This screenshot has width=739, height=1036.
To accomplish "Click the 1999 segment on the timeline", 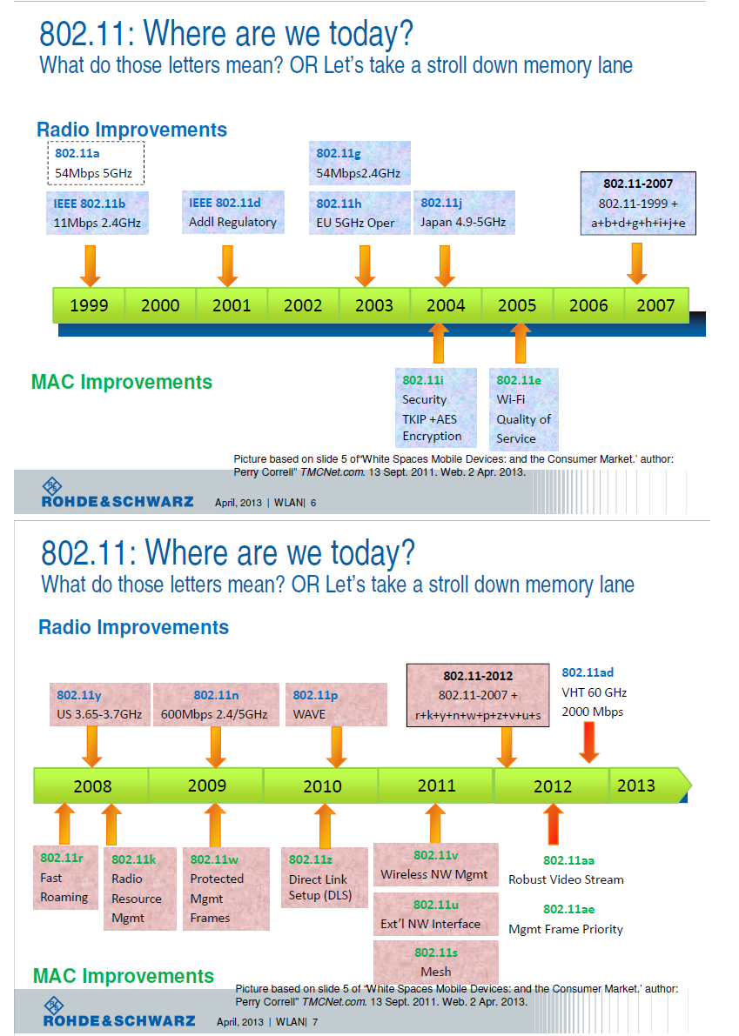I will [89, 305].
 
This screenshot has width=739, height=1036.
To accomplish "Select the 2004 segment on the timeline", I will [445, 305].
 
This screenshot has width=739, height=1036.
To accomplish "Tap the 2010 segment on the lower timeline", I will [321, 786].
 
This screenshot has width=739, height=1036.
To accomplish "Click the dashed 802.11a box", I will [94, 164].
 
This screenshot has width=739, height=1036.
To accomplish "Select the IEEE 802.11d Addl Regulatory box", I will [232, 213].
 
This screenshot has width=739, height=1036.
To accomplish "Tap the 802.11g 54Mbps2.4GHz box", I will [359, 164].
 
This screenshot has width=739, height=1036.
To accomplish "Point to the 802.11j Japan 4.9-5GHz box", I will [462, 213].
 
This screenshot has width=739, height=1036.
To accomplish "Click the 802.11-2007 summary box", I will [638, 204].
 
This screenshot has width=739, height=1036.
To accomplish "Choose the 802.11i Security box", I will [435, 408].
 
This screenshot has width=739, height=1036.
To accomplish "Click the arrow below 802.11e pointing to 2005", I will [521, 342].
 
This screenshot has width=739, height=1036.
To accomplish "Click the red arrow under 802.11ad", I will [588, 745].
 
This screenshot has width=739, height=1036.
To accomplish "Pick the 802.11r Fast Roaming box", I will [64, 878].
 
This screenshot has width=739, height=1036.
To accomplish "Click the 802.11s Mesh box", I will [435, 962].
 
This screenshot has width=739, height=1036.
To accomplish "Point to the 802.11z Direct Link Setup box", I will [319, 878].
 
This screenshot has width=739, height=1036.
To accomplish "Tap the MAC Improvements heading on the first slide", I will [122, 382].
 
